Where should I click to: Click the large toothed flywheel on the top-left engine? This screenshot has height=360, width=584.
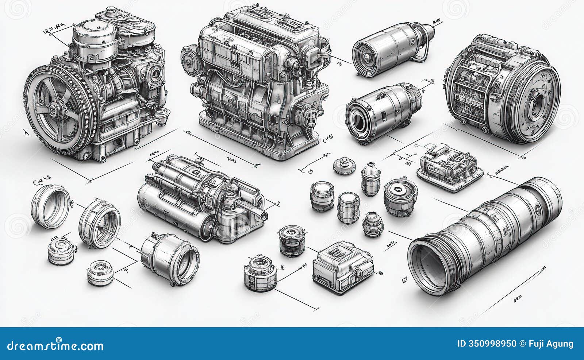[58, 108]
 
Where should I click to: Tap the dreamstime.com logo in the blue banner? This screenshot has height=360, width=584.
[55, 345]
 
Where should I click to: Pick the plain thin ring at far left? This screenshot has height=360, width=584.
[50, 206]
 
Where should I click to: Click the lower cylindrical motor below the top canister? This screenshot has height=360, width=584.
[381, 111]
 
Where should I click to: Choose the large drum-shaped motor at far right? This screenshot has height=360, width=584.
[504, 89]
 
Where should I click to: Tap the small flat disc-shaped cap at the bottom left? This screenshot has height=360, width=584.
[101, 273]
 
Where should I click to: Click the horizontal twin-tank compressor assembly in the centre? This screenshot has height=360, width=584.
[201, 199]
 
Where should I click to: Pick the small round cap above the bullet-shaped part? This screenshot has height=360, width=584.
[344, 166]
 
